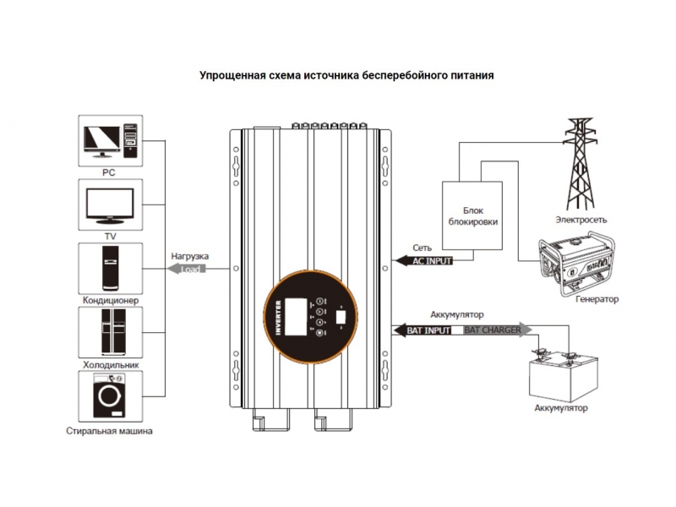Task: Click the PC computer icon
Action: [x=109, y=142]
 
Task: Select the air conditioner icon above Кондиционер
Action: [x=109, y=268]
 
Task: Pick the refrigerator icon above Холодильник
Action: [x=109, y=331]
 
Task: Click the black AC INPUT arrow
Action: [x=424, y=261]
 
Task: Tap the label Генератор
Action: [x=596, y=299]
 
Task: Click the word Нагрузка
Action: [x=190, y=255]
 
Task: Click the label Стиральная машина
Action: [x=109, y=432]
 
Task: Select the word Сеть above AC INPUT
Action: [x=422, y=248]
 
